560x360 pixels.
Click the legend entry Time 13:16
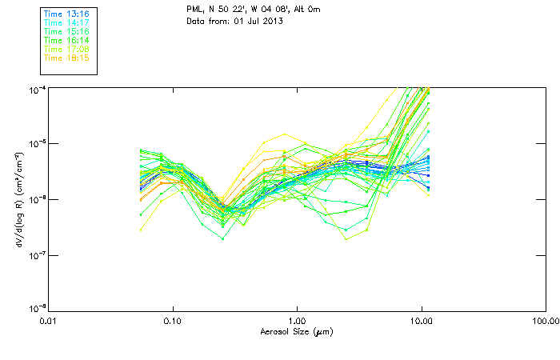coord(66,14)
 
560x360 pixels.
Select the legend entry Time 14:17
coord(66,23)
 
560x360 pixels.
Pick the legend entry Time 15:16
coord(66,32)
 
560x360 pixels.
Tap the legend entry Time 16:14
coord(66,41)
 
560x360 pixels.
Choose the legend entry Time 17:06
coord(66,50)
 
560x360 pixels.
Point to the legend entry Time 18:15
coord(66,58)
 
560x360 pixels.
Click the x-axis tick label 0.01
coord(49,322)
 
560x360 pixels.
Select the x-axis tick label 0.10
coord(173,322)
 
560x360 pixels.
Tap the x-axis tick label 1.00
coord(297,322)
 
